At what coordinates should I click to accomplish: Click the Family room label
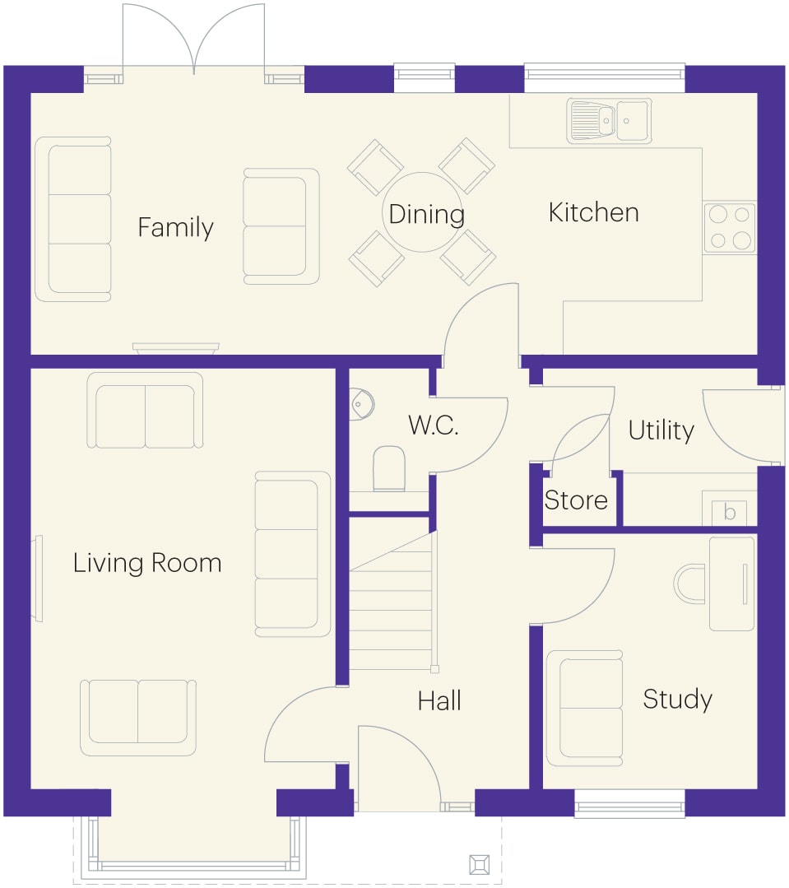click(175, 228)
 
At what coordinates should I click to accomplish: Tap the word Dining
click(427, 215)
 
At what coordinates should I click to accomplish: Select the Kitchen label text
click(594, 212)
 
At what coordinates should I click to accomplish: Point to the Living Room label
click(147, 563)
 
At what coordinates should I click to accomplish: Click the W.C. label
click(433, 425)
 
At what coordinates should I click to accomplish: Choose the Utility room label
click(661, 430)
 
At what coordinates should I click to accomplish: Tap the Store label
click(576, 500)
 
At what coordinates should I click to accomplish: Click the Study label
click(677, 700)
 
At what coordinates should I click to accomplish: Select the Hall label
click(439, 701)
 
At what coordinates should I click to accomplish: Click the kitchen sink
click(609, 121)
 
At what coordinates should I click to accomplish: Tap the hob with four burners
click(730, 228)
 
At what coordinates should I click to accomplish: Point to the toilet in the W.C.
click(389, 468)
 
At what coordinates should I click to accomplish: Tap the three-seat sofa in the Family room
click(73, 219)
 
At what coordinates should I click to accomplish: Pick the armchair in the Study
click(585, 709)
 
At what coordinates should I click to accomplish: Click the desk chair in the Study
click(689, 583)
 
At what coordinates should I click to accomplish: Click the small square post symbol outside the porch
click(480, 865)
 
